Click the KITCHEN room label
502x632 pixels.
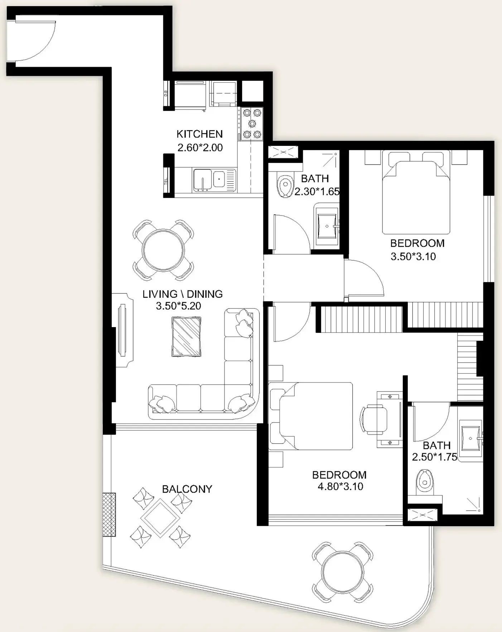pyautogui.click(x=199, y=134)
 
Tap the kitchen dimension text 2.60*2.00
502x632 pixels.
pyautogui.click(x=200, y=147)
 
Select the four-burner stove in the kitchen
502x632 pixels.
pyautogui.click(x=252, y=124)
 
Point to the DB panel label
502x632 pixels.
pyautogui.click(x=166, y=93)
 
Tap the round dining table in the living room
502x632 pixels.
pyautogui.click(x=163, y=250)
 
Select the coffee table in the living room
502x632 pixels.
pyautogui.click(x=186, y=337)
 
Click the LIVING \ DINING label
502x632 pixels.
pyautogui.click(x=183, y=294)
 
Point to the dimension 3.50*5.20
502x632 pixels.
pyautogui.click(x=178, y=306)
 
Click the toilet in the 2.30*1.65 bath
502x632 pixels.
pyautogui.click(x=285, y=186)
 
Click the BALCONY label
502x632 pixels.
pyautogui.click(x=187, y=489)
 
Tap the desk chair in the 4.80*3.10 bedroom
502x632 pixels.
pyautogui.click(x=374, y=420)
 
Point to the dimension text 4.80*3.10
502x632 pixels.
pyautogui.click(x=340, y=486)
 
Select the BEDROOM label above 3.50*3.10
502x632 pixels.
pyautogui.click(x=417, y=243)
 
